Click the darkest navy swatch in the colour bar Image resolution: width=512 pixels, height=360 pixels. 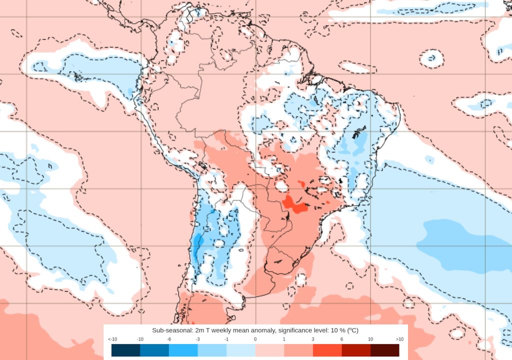point(125,350)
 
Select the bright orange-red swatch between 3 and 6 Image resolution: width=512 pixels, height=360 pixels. point(327,350)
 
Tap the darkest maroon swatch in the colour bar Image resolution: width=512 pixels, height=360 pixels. point(384,350)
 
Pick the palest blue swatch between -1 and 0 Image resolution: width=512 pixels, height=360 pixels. point(240,350)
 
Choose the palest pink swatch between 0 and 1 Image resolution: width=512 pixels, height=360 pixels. point(269,350)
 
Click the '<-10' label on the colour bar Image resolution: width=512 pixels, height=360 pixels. point(113,339)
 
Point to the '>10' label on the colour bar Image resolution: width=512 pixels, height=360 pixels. point(399,339)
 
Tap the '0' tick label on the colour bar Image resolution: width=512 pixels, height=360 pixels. point(255,339)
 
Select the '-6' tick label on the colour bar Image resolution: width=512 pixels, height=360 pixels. point(169,339)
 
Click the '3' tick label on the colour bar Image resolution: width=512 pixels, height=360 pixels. point(313,339)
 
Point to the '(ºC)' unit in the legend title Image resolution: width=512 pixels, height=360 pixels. point(351,330)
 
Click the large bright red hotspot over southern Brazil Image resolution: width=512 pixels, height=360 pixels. point(293,204)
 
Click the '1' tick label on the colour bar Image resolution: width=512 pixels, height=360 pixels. point(284,339)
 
